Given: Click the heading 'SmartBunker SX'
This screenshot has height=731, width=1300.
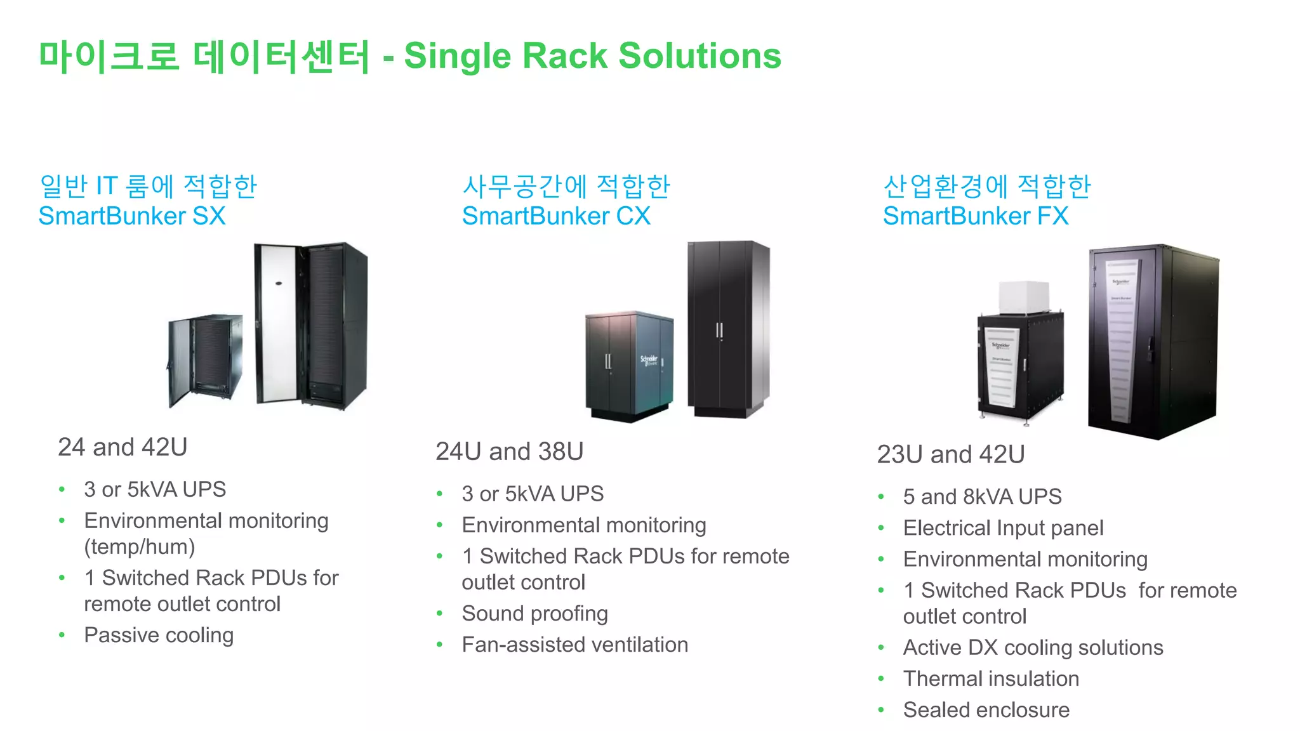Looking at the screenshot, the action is coord(132,216).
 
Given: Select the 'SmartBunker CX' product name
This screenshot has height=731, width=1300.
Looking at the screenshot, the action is coord(556,216).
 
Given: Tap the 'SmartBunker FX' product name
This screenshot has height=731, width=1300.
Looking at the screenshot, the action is coord(976,216).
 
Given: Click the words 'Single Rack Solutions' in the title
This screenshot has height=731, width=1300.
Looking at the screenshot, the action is coord(592,56).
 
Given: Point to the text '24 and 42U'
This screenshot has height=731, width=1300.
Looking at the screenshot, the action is coord(123,447).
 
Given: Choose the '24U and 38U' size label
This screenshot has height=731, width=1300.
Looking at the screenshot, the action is coord(509,452).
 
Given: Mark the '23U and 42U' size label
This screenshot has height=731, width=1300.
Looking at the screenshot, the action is coord(950,454).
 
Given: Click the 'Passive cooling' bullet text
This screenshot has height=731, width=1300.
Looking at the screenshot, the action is coord(159,635).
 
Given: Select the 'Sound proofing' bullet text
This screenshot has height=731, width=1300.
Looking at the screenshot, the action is coord(534,614).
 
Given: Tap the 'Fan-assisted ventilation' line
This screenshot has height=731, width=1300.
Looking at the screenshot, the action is coord(574,645).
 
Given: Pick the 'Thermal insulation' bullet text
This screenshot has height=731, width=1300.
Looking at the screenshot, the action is coord(991,679).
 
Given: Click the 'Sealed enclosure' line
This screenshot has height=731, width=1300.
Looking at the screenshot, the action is coord(986,710).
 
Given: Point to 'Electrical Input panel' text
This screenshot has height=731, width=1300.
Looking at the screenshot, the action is coord(1003,528).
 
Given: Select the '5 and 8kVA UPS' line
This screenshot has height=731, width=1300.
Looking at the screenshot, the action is coord(982,497).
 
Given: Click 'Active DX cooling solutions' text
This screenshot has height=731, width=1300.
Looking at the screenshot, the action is coord(1033,648).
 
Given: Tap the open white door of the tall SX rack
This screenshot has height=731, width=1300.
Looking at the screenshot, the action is coord(276,324).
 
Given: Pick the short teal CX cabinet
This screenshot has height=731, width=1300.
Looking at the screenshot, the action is coord(628,365).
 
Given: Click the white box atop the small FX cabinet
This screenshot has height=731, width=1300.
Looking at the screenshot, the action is coord(1024,297).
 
